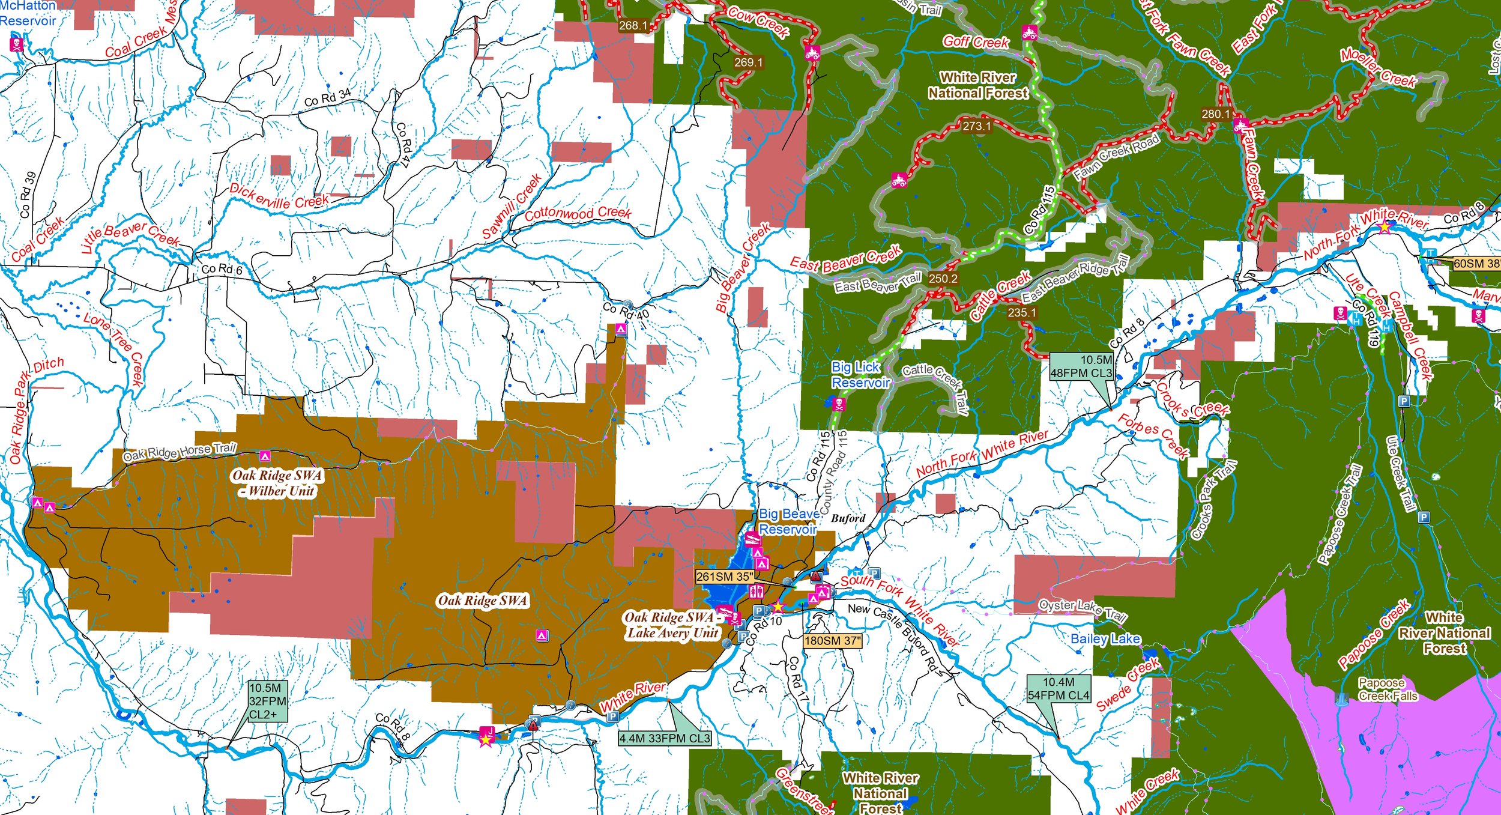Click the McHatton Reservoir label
(28, 13)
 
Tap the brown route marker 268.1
(633, 25)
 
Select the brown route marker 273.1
(976, 126)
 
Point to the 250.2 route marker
(943, 279)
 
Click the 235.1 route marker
(1021, 312)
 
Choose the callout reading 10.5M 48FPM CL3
(1081, 366)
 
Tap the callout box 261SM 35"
(724, 577)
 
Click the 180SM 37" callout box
(832, 641)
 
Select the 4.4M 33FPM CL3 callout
(665, 738)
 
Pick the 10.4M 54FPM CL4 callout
(1058, 689)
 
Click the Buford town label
(848, 518)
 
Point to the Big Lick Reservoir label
(860, 375)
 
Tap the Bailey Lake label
(1105, 639)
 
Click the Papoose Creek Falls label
(1388, 689)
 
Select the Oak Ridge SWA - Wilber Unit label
(277, 483)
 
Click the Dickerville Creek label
(279, 196)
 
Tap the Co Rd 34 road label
(328, 97)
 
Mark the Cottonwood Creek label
(578, 213)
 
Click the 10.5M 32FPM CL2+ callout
(267, 701)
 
